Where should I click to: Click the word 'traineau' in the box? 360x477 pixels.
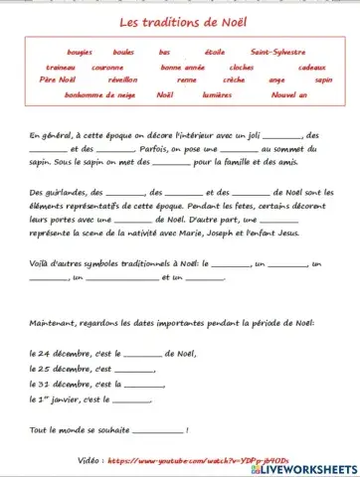point(61,67)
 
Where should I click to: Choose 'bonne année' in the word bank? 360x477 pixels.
point(181,67)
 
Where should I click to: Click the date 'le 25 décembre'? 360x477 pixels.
point(62,368)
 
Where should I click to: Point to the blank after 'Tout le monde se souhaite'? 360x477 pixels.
point(157,429)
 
